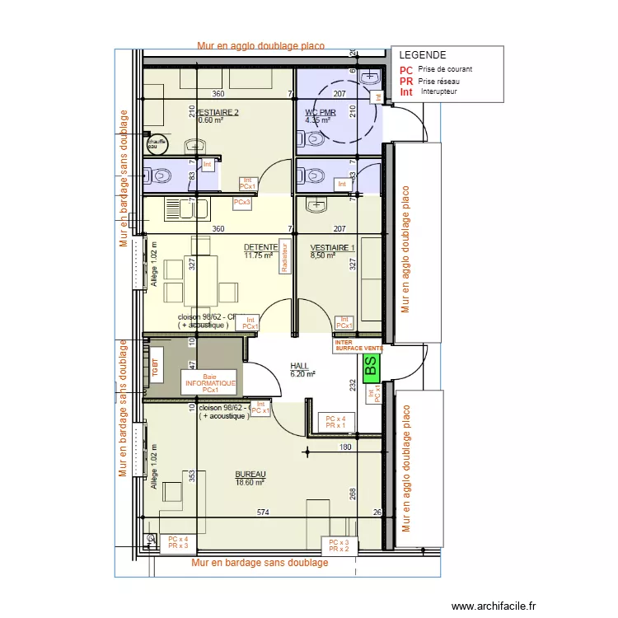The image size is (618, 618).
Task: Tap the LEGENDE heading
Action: point(423,55)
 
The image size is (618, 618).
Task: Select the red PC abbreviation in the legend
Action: point(405,71)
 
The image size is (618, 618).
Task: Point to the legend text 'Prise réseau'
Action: point(445,81)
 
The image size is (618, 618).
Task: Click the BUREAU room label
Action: point(250,475)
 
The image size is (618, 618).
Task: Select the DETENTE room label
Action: point(260,247)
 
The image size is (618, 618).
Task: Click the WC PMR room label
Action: point(318,112)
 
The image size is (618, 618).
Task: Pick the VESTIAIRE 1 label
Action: point(332,247)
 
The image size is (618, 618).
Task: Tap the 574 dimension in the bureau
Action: point(262,513)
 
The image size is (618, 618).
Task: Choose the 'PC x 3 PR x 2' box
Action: point(339,545)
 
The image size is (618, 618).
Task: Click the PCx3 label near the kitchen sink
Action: point(241,202)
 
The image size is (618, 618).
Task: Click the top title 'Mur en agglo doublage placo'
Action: point(260,46)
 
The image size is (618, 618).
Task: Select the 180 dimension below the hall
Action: point(345,447)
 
